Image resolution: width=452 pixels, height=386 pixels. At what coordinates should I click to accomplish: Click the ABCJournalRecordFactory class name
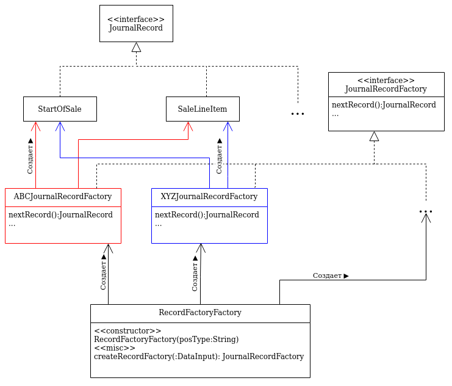63,197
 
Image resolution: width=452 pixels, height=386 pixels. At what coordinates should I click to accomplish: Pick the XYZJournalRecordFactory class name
209,197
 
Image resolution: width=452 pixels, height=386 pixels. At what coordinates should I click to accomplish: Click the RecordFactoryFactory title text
200,312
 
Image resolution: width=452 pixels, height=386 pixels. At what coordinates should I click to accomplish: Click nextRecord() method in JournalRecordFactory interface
384,105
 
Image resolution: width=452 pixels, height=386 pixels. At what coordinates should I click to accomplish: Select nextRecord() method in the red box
60,215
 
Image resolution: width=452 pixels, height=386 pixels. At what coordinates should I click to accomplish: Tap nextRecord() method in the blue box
207,215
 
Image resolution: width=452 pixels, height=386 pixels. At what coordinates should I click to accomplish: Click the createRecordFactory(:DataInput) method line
199,357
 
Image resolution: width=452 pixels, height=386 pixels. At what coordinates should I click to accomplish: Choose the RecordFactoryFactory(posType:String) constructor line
167,339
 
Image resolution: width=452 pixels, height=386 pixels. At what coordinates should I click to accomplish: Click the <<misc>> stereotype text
115,348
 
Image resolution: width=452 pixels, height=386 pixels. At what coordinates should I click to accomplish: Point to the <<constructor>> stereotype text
127,331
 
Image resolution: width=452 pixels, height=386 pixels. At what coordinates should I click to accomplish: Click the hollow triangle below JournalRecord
137,48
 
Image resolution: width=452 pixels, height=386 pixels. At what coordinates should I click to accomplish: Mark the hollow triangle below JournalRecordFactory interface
374,136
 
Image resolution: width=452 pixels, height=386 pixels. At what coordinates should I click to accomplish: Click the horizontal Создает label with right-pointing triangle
331,275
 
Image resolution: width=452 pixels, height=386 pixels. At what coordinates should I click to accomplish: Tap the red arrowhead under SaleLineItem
188,126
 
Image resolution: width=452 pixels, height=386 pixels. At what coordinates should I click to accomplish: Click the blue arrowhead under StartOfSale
60,126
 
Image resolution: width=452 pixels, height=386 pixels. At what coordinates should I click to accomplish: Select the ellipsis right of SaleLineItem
298,114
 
